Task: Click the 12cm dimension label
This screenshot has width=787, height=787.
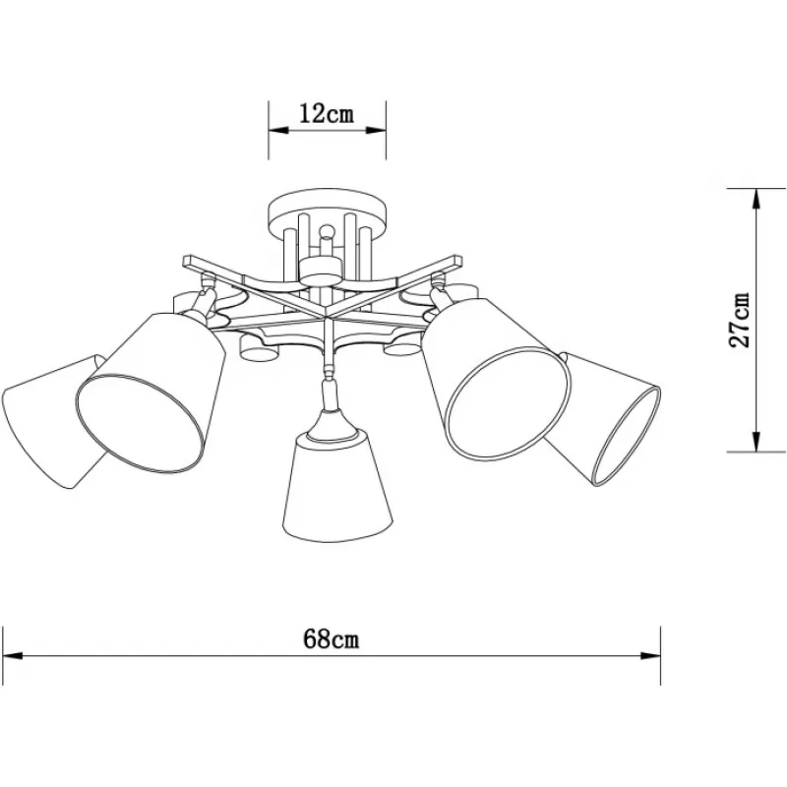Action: tap(327, 114)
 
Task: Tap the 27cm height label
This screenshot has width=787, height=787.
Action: tap(740, 320)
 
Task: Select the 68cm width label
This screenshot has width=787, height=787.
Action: tap(332, 639)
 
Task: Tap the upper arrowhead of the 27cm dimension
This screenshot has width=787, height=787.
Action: tap(757, 200)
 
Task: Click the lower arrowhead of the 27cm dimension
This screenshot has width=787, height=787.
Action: tap(757, 441)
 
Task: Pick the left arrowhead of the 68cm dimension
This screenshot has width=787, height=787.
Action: tap(13, 655)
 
